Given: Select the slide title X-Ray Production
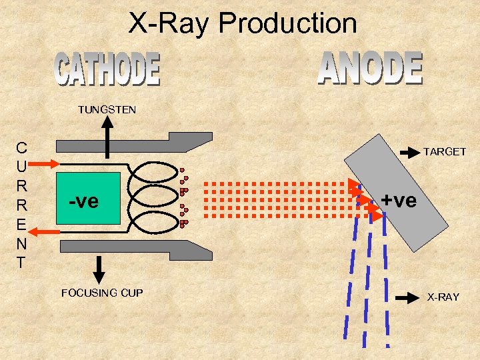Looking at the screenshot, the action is point(243,23).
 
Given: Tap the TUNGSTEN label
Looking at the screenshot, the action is point(107,109).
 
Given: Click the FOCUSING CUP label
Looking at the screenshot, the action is point(102,293).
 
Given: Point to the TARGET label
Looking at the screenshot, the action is point(445,152).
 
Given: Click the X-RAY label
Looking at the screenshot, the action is point(443,297).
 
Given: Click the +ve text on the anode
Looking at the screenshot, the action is point(399,199).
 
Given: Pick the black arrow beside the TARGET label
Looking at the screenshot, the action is point(409,152).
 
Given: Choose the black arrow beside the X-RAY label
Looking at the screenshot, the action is point(407,297).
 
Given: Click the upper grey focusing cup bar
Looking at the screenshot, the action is point(133,144).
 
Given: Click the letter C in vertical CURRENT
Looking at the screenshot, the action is point(22,148).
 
